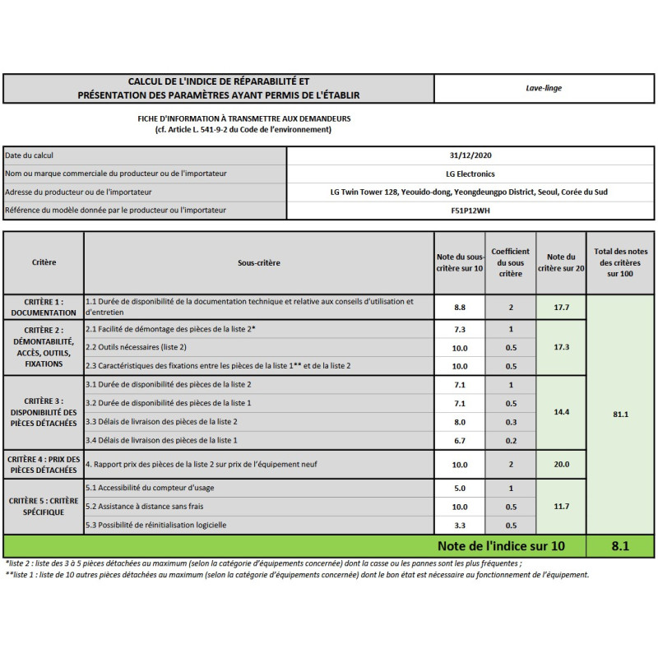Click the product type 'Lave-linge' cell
[544, 88]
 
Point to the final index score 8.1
[620, 545]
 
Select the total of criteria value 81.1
[620, 414]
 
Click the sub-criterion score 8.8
[460, 307]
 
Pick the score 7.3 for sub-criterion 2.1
[460, 329]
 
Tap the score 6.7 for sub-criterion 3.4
[460, 441]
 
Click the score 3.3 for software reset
[460, 525]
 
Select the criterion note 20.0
[561, 465]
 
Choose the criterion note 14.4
[561, 410]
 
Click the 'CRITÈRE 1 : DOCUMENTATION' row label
[44, 307]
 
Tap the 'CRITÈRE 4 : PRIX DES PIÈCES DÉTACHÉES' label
[44, 465]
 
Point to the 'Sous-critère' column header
[259, 263]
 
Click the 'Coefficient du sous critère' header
[511, 262]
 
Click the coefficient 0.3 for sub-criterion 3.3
[511, 422]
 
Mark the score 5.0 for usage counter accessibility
[460, 488]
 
